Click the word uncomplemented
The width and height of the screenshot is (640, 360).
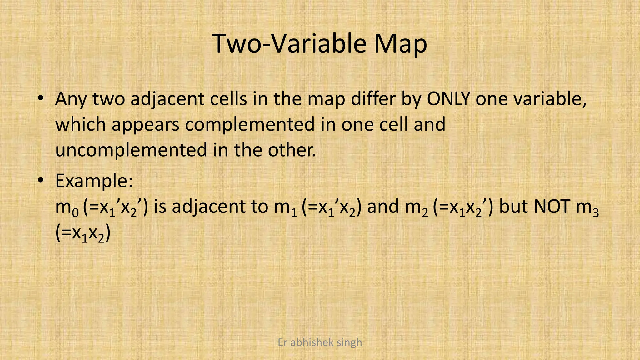click(x=131, y=150)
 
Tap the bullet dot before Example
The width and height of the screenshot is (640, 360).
click(x=40, y=180)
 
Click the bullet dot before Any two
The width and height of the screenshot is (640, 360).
click(x=40, y=98)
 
